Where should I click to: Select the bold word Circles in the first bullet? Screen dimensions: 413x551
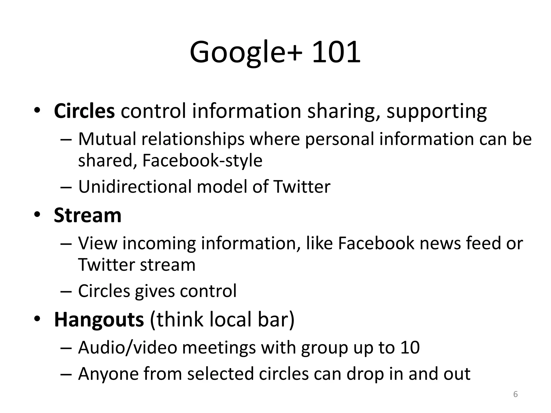(x=84, y=111)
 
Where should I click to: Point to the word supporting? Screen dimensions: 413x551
(x=436, y=111)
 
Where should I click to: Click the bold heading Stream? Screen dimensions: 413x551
(x=88, y=215)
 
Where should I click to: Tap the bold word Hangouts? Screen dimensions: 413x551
(x=99, y=319)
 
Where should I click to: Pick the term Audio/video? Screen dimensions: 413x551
(x=128, y=347)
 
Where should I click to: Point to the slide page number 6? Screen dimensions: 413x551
(x=515, y=394)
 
